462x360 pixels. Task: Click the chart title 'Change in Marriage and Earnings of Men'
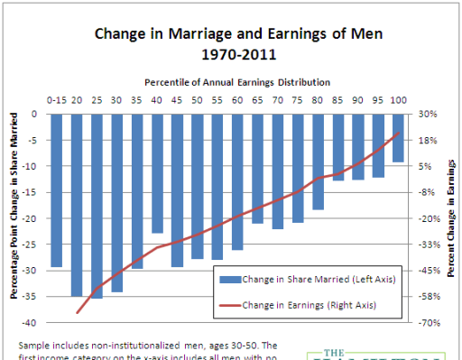click(x=232, y=35)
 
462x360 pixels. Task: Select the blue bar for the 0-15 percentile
click(x=57, y=189)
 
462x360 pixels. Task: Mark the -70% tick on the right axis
click(x=428, y=323)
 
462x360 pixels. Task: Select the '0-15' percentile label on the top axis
click(x=57, y=100)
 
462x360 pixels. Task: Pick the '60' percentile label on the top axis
click(x=237, y=100)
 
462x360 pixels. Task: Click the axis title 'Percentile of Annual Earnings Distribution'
click(x=232, y=82)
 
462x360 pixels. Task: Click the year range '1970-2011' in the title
click(x=232, y=54)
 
